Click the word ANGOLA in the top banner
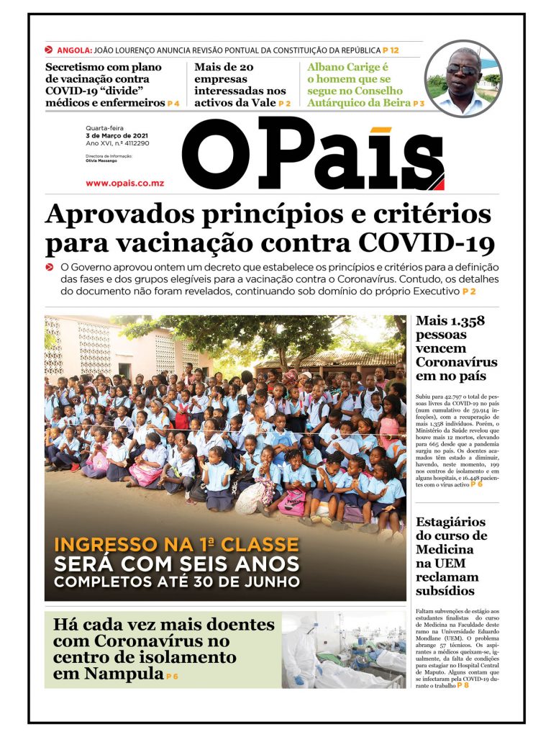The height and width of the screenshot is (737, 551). (73, 50)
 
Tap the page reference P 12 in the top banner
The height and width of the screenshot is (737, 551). (391, 50)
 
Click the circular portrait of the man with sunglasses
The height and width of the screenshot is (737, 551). (463, 78)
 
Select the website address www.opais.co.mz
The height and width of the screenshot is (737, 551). (124, 184)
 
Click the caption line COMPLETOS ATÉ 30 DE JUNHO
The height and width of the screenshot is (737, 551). (177, 582)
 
